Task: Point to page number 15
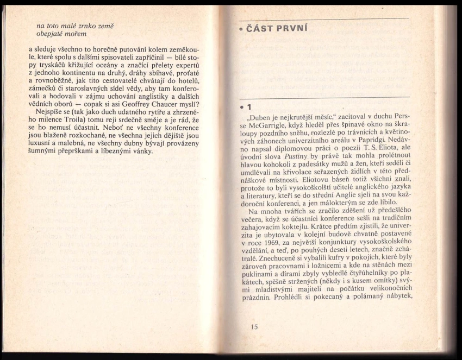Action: pos(254,327)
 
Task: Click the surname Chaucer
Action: pos(168,105)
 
